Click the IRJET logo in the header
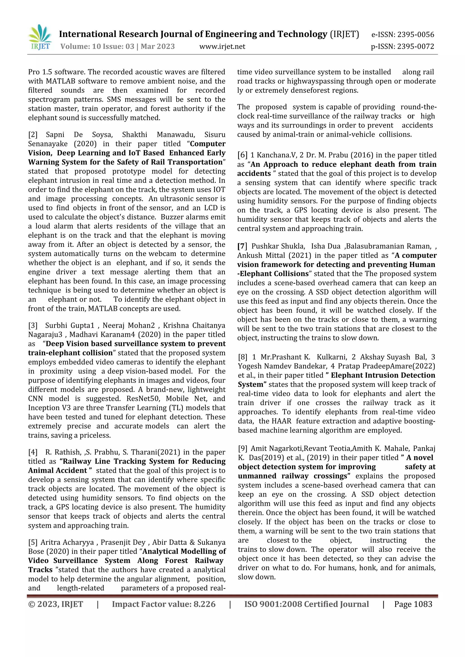40,37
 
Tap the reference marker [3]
33,325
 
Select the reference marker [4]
33,452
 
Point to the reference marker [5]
33,543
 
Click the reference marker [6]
242,155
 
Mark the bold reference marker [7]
242,246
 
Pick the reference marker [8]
242,357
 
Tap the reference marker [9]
242,449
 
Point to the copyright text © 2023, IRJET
56,604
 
